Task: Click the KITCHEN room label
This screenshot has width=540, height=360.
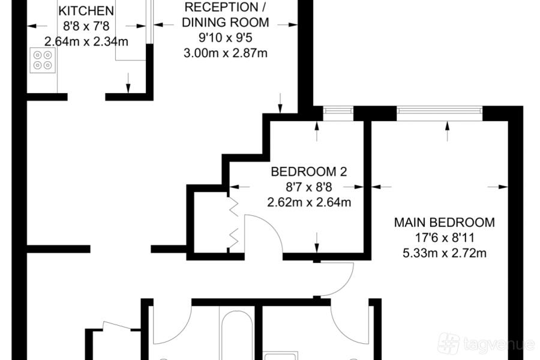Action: coord(86,11)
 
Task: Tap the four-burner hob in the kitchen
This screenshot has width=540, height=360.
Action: coord(43,60)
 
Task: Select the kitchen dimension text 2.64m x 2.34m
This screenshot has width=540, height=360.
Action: coord(86,41)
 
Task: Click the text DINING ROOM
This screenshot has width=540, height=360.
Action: coord(225,22)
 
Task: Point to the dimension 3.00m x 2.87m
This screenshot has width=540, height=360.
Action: coord(225,53)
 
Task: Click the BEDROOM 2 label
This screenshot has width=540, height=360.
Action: coord(309,172)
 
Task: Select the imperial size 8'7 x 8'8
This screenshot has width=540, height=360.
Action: coord(309,187)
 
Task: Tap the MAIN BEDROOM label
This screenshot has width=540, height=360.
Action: coord(444,222)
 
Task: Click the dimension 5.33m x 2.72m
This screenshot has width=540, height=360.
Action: coord(444,253)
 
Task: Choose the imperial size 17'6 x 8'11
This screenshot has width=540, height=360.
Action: coord(444,238)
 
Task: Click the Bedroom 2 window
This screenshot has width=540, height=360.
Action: coord(338,110)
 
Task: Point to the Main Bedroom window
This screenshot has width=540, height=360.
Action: coord(439,110)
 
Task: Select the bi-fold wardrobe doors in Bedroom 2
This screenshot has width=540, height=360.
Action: coord(234,223)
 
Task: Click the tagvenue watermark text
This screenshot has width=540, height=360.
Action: coord(499,344)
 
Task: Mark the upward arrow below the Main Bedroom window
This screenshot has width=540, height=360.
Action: coord(448,131)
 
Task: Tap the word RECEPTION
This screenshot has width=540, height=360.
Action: coord(225,7)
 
